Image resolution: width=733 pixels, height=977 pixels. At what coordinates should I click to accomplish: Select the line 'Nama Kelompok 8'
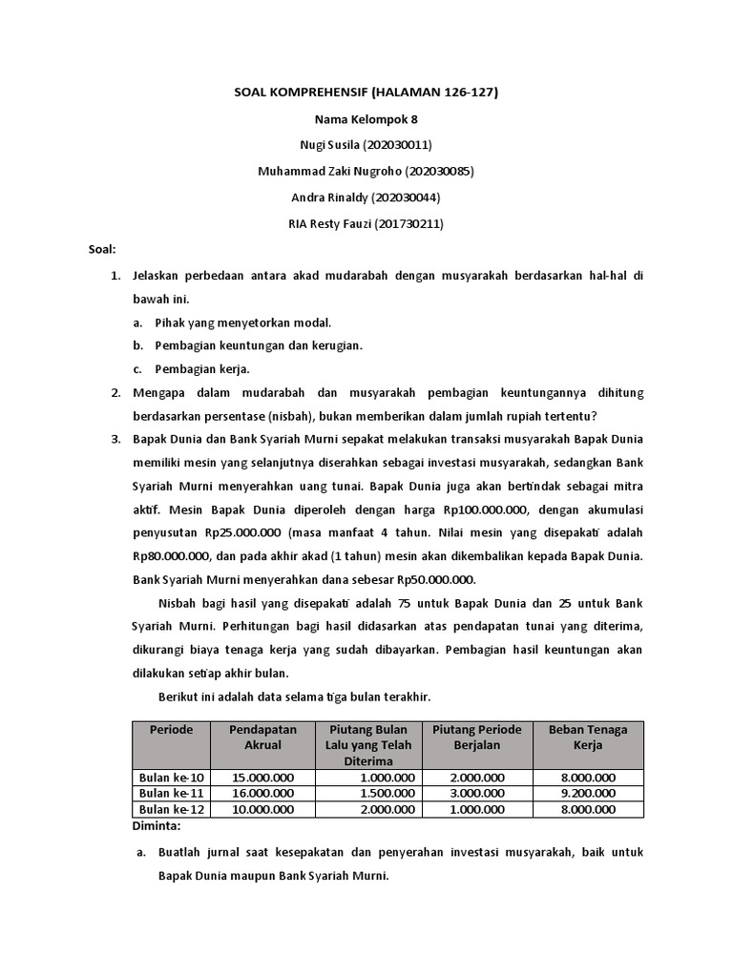[366, 119]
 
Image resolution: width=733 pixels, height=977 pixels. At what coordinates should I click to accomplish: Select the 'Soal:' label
[100, 250]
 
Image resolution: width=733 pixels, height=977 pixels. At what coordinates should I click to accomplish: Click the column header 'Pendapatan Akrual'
[262, 737]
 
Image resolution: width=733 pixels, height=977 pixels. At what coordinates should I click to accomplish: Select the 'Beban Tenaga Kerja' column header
[588, 737]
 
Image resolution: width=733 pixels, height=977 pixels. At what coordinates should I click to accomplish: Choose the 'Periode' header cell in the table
[171, 730]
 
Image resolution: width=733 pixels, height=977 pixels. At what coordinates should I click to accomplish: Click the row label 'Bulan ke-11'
[171, 793]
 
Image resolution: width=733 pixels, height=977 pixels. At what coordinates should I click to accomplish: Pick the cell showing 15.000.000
[262, 778]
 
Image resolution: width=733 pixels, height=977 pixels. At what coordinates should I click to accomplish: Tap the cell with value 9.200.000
[588, 793]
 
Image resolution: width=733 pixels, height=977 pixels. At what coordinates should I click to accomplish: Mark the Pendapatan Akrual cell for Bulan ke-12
[262, 809]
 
